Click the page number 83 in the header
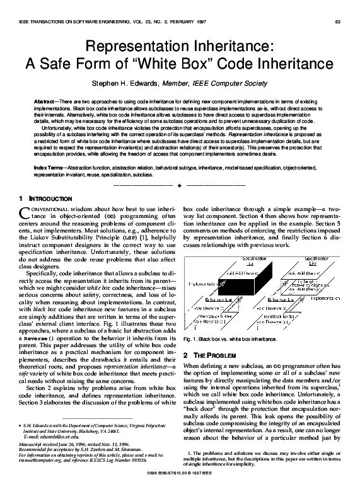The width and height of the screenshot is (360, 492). [337, 23]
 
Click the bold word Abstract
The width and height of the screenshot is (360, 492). [43, 101]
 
